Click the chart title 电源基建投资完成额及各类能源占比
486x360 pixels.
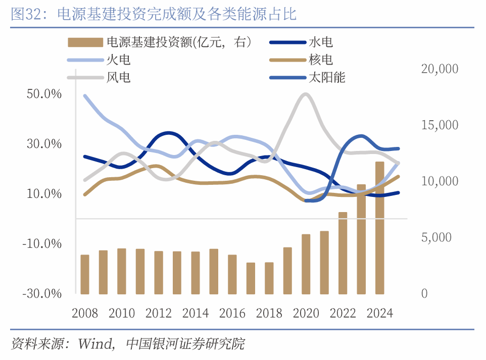tap(176, 15)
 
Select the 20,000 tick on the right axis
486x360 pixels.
tap(440, 69)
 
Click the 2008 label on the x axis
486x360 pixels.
tap(85, 314)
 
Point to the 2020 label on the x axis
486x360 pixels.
tap(306, 314)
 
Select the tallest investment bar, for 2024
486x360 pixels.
tap(379, 228)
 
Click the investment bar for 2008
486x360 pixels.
tap(85, 274)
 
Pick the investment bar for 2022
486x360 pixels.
tap(343, 253)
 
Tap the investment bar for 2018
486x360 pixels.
tap(269, 278)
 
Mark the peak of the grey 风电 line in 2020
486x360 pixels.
tap(305, 94)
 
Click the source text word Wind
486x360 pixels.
tap(95, 345)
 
